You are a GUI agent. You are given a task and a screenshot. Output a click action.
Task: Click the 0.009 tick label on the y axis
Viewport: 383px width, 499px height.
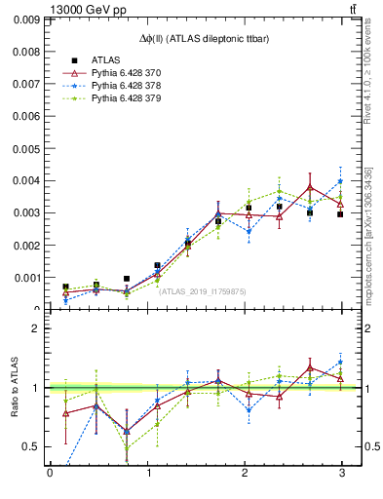(26, 19)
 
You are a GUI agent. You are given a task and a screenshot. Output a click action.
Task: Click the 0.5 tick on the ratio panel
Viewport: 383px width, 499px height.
(31, 446)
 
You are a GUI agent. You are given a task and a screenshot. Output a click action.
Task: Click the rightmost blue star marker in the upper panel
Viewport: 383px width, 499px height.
(340, 181)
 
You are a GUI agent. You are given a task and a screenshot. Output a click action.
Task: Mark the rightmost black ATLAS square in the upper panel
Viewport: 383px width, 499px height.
(340, 213)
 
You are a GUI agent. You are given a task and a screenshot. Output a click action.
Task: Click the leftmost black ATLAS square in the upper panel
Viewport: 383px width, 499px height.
(65, 287)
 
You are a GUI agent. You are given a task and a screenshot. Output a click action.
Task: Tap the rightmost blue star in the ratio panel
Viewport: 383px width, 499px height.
(340, 363)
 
